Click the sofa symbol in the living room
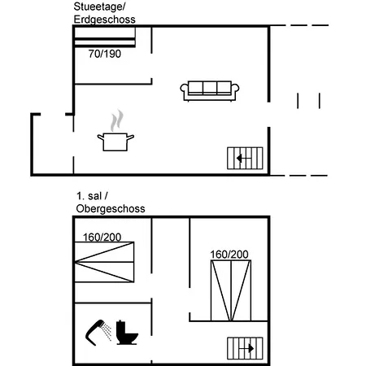[x=210, y=91]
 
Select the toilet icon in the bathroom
[x=127, y=333]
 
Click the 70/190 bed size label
[x=105, y=54]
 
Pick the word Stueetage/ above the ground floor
[x=99, y=7]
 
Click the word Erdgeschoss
[x=104, y=20]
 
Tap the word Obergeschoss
[x=111, y=209]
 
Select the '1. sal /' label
[x=92, y=196]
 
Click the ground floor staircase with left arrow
[x=245, y=158]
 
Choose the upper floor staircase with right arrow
[x=245, y=348]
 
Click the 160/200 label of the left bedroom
[x=102, y=237]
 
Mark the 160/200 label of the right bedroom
[x=229, y=255]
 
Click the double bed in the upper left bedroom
[x=104, y=262]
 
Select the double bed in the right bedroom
[x=231, y=290]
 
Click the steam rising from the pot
[x=116, y=120]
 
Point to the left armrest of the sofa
[x=184, y=89]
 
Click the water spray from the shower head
[x=107, y=331]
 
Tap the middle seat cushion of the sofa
[x=210, y=88]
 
